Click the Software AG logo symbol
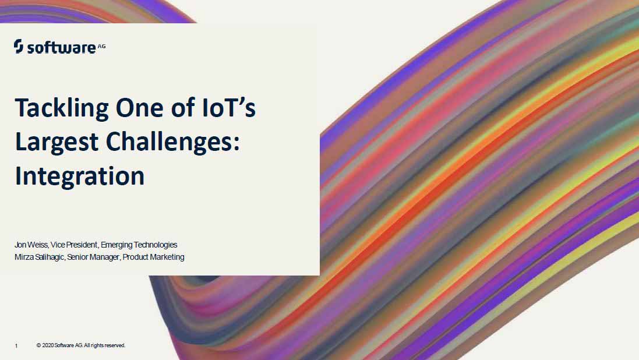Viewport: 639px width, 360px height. point(18,46)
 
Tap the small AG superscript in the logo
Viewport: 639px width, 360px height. point(102,47)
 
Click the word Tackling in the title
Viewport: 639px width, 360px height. point(62,109)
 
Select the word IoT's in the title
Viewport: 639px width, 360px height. point(229,108)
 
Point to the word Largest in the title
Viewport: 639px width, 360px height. point(57,143)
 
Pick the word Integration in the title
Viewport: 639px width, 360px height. point(80,176)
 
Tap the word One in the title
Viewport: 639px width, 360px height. point(140,108)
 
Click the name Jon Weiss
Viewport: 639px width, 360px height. point(31,245)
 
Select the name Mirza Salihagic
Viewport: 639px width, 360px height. point(39,257)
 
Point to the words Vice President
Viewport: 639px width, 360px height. point(74,245)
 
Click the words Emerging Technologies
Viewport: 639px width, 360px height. point(139,245)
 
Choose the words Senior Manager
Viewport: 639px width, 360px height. point(93,257)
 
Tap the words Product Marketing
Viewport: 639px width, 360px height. point(153,257)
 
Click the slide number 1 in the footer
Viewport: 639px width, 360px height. point(16,346)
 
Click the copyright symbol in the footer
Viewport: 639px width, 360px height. point(38,345)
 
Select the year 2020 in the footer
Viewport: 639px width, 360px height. point(48,345)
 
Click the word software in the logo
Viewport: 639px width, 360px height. point(62,47)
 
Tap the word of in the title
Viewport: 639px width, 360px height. point(183,108)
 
